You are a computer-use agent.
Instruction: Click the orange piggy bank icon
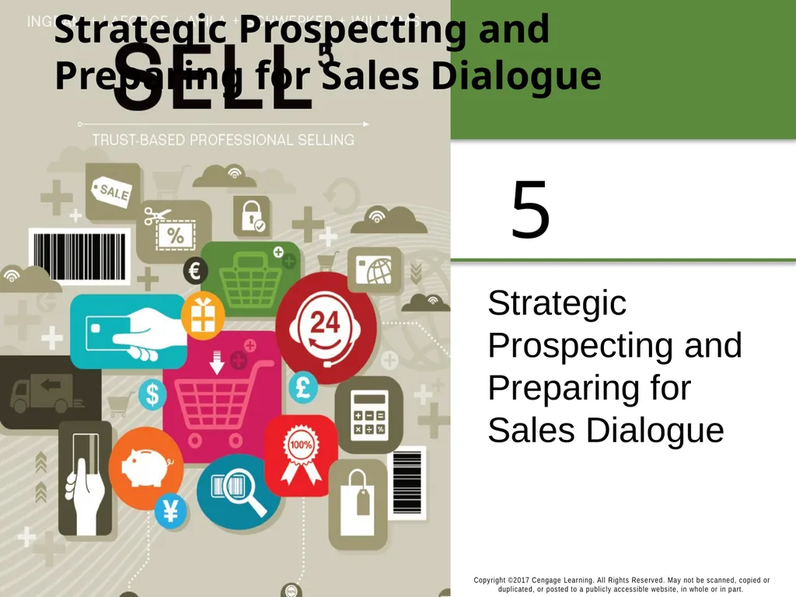145,468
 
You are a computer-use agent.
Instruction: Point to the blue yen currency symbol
170,511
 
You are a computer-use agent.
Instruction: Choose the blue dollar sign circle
152,394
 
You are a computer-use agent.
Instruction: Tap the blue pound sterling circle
303,388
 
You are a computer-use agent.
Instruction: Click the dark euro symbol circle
195,271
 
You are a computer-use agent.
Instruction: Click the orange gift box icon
203,315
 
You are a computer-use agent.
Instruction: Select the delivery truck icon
43,393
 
